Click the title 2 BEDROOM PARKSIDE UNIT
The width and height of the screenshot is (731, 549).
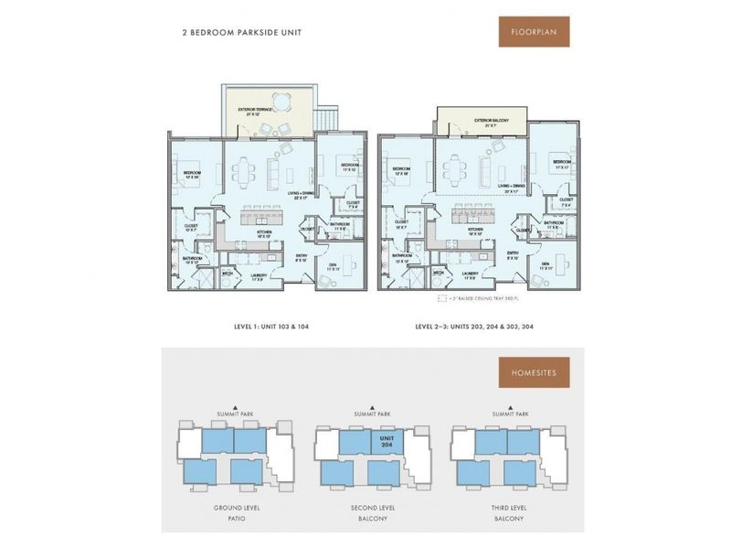point(241,33)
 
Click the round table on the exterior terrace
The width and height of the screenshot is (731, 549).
point(282,101)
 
